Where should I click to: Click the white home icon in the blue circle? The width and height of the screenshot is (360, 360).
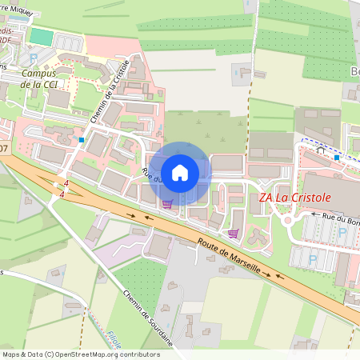180,172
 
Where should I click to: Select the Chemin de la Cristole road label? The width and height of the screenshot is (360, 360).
110,93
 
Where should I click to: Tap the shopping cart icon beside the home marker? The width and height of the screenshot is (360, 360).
166,203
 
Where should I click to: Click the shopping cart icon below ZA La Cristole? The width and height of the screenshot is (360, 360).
233,234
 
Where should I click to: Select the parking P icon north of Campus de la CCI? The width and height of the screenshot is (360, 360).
32,58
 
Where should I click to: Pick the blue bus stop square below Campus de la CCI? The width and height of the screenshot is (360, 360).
82,140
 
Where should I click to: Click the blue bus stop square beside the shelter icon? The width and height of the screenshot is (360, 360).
337,158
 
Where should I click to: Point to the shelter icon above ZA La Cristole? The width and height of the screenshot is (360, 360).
321,149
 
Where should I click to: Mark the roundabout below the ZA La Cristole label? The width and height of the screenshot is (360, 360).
287,220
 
